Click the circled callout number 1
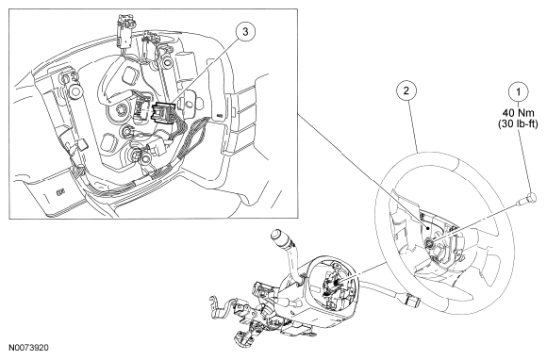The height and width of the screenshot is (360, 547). (x=518, y=92)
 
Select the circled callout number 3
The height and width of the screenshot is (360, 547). (x=245, y=32)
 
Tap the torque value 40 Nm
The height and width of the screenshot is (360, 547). (x=518, y=113)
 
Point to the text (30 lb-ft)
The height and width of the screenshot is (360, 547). (x=518, y=123)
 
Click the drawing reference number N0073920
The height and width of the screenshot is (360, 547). (x=29, y=348)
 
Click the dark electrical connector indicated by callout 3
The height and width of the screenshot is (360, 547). (x=161, y=111)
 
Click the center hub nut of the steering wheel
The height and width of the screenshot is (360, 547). (x=429, y=242)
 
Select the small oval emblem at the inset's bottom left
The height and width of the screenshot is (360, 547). (x=60, y=191)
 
